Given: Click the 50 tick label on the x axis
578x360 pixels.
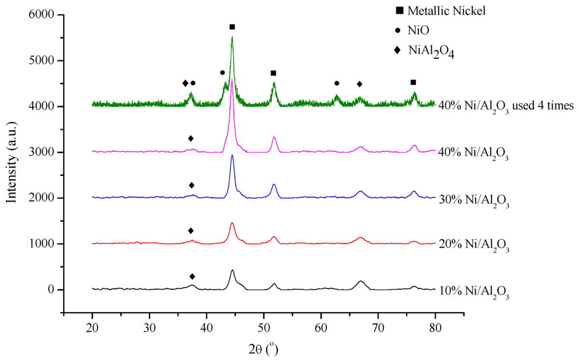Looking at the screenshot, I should (264, 327).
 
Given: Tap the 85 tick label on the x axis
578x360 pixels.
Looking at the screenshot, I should (464, 327).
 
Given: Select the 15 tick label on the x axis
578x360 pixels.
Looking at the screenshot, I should (64, 327).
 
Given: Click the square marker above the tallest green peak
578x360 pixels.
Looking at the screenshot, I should (232, 27).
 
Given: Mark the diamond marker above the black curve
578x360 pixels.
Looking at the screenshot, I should (192, 276).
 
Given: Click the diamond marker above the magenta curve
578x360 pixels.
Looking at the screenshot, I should (191, 138).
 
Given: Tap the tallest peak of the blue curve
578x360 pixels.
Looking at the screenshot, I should (232, 155).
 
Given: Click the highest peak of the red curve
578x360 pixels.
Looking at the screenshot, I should (232, 223).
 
